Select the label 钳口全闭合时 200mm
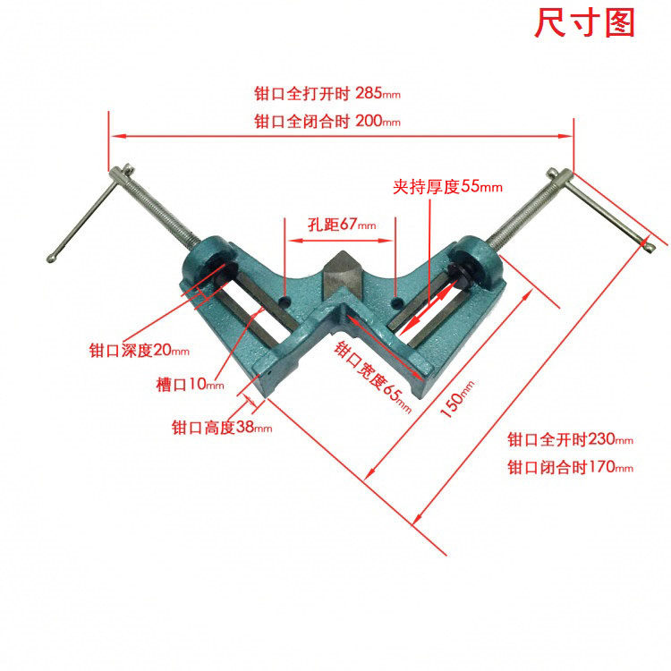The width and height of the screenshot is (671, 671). [327, 121]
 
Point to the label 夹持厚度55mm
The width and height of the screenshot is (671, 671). [447, 187]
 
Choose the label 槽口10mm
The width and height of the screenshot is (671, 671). [190, 384]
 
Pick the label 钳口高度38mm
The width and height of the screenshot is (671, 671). [221, 428]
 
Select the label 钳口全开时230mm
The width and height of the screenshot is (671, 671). [570, 439]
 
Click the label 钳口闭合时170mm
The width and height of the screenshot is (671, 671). [570, 467]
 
